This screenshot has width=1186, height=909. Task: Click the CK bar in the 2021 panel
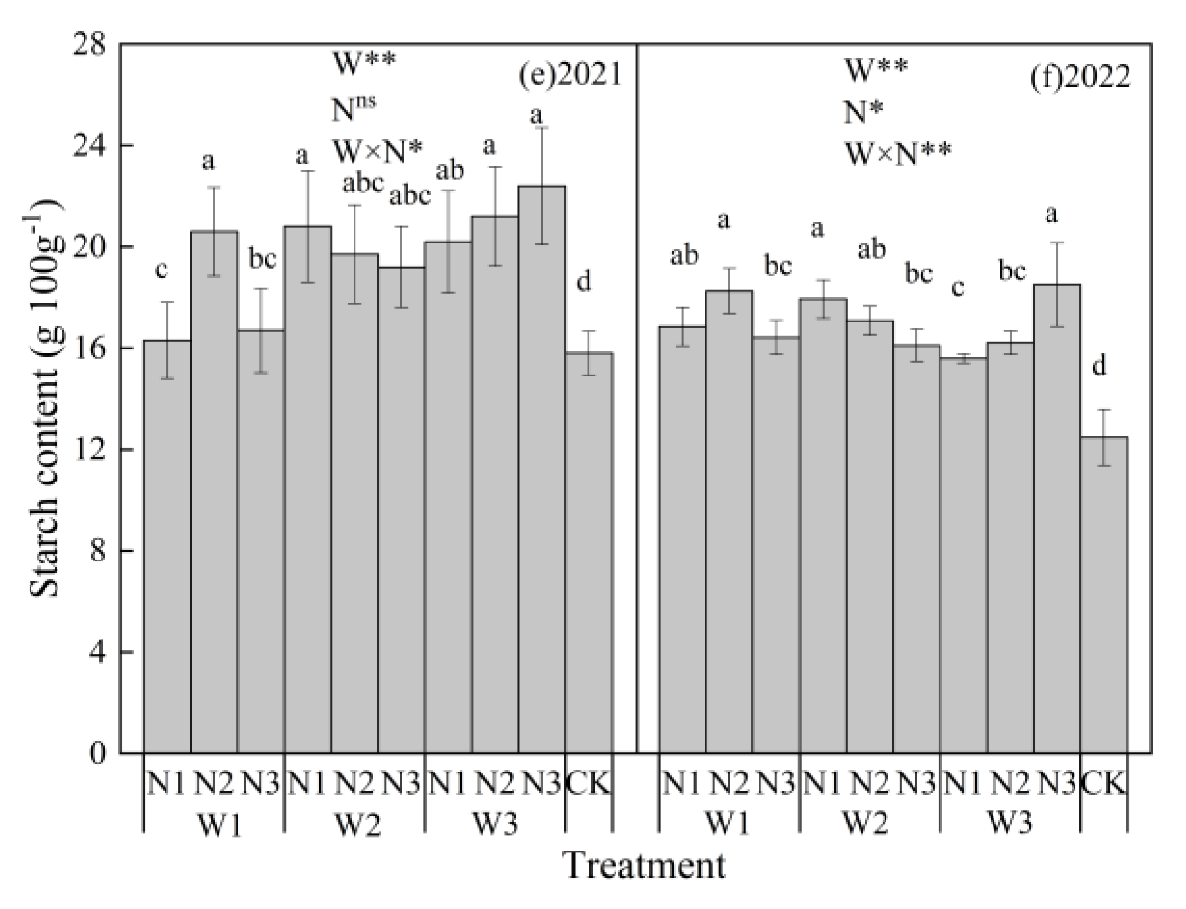589,552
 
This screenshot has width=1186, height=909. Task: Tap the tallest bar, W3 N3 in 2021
542,469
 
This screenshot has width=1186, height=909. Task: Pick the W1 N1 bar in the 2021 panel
166,546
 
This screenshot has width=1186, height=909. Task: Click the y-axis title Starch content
45,398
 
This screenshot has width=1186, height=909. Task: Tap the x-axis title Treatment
645,865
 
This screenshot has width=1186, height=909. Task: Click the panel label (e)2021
570,76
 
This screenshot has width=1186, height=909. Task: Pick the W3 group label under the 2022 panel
1009,823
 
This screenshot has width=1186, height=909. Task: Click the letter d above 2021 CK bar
583,281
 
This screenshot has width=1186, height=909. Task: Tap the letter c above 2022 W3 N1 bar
957,287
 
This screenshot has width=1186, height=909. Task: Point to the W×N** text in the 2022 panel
897,154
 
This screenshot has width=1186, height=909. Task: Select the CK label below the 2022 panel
1104,784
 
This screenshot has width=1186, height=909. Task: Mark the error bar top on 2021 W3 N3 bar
542,127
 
